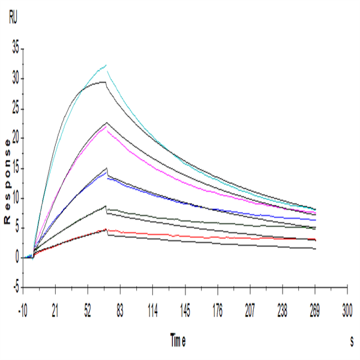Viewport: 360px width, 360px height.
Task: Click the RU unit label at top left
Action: [x=13, y=19]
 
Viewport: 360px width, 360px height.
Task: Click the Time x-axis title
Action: [x=178, y=340]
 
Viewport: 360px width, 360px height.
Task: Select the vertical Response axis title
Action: [x=7, y=181]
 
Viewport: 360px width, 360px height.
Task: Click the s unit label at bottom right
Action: [x=352, y=340]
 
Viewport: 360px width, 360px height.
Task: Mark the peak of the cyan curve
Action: [x=106, y=65]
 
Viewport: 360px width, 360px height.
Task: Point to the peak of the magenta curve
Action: [x=106, y=127]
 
